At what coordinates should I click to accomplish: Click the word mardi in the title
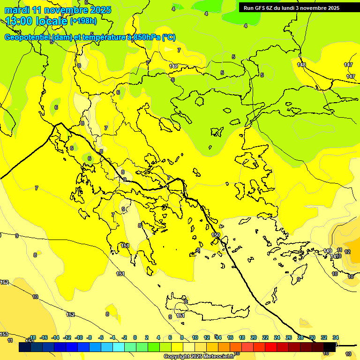[17, 10]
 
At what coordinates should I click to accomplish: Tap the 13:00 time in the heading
[19, 21]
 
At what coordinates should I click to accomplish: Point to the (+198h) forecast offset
[83, 21]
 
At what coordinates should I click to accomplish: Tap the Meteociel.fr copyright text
[199, 357]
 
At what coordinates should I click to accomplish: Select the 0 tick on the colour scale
[135, 337]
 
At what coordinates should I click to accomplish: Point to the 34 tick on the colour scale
[336, 337]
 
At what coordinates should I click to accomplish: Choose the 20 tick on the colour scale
[254, 337]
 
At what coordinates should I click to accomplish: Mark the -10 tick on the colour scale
[78, 337]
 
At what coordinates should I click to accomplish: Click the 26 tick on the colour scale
[289, 337]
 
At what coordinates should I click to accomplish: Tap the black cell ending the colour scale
[330, 347]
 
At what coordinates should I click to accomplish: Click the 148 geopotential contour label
[301, 65]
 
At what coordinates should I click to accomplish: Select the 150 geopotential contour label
[216, 235]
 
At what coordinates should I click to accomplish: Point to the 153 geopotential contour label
[4, 334]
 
